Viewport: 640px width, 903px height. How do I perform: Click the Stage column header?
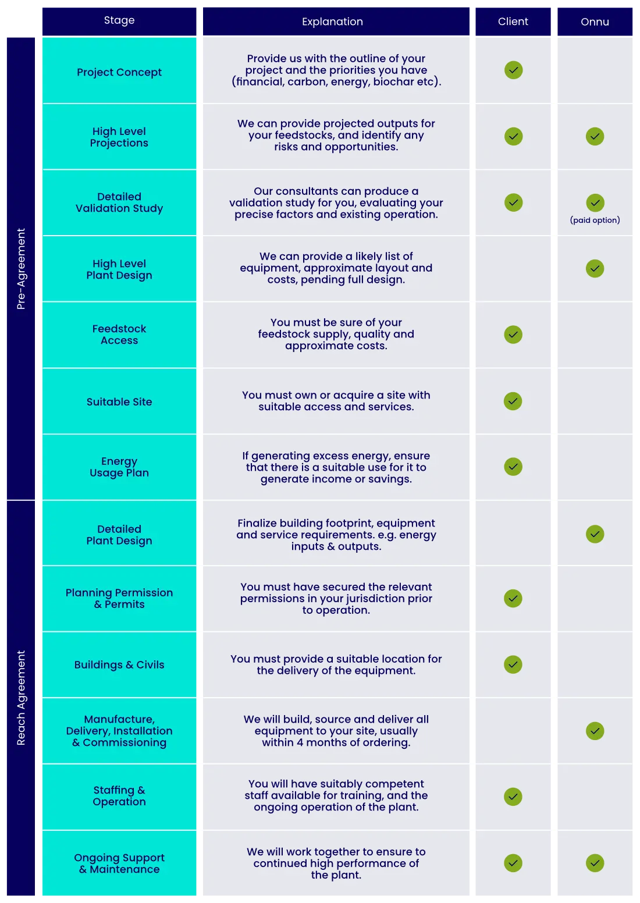click(x=119, y=20)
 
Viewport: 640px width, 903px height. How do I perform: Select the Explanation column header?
click(x=332, y=22)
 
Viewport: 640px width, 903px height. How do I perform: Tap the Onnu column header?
click(x=595, y=22)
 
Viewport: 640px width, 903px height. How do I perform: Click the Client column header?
click(x=513, y=22)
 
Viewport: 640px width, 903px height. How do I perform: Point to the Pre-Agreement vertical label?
click(x=22, y=268)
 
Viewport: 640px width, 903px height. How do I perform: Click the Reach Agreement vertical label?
click(x=22, y=698)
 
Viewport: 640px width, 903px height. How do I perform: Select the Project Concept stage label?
click(x=119, y=72)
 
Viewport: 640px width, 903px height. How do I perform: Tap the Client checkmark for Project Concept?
click(x=513, y=70)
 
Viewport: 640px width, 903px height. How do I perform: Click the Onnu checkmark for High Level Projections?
click(x=595, y=137)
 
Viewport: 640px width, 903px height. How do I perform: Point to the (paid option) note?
click(x=595, y=220)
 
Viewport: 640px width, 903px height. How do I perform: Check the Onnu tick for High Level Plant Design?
click(x=595, y=269)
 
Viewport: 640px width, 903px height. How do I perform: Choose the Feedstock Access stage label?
click(x=119, y=335)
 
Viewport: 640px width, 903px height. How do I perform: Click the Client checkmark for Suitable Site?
click(x=513, y=401)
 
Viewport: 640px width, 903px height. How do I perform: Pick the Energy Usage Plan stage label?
click(x=119, y=467)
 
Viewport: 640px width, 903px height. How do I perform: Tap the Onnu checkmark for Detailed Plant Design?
click(x=595, y=534)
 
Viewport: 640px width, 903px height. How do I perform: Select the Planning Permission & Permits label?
click(x=119, y=598)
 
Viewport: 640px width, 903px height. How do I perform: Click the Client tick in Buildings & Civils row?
click(x=513, y=664)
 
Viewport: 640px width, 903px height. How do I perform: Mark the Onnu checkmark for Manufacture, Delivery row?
click(x=595, y=731)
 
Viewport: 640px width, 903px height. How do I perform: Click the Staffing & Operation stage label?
click(x=119, y=796)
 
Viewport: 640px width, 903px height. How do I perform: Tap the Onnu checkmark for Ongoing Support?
click(x=595, y=863)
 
